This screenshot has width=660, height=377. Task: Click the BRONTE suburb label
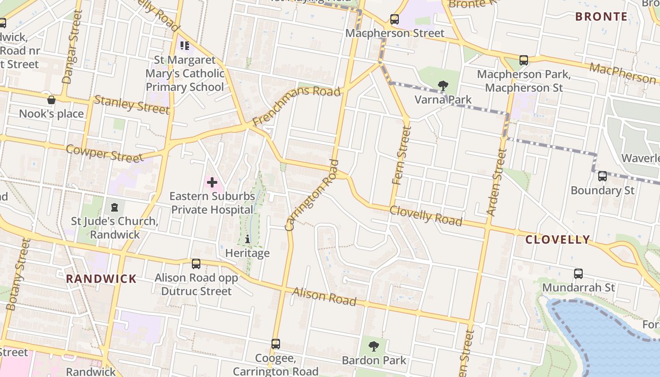tap(601, 17)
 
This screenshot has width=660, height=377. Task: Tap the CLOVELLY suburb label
tap(558, 239)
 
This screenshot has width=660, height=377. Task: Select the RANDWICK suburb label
tap(101, 279)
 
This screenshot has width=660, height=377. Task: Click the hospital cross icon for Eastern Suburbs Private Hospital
tap(212, 182)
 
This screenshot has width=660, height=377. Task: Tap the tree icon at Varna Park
tap(443, 85)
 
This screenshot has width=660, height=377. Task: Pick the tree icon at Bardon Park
tap(373, 346)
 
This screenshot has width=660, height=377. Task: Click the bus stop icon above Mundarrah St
tap(578, 273)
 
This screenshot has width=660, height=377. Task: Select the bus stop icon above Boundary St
tap(602, 176)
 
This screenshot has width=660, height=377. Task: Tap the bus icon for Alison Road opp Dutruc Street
tap(196, 264)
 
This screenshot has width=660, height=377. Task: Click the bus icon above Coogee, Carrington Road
tap(276, 344)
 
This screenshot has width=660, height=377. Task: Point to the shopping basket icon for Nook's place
tap(51, 100)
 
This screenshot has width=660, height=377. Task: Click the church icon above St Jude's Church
tap(114, 207)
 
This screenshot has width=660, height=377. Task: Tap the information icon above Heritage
tap(247, 239)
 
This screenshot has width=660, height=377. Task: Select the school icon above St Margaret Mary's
tap(185, 46)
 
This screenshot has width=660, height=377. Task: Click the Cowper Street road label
tap(104, 154)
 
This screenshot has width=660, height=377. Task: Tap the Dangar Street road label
tap(72, 47)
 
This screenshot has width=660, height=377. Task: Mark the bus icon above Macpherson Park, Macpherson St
tap(523, 60)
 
